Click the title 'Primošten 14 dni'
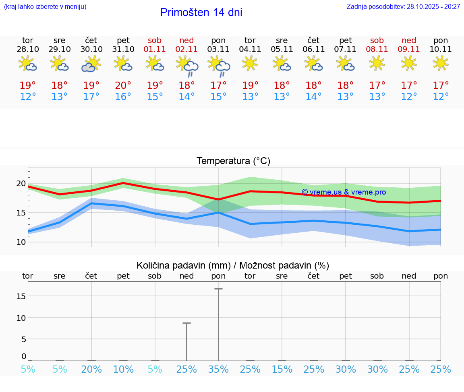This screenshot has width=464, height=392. [201, 12]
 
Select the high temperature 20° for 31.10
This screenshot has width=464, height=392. [123, 85]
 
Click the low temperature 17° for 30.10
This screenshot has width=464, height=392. [91, 96]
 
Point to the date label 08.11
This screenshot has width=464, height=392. [377, 49]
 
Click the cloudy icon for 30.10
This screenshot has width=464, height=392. [91, 64]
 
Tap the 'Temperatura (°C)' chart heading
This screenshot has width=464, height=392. [233, 161]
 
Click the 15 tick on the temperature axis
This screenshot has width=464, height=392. [21, 213]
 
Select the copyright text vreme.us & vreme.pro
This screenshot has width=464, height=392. [344, 192]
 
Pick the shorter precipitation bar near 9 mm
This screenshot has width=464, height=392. [187, 341]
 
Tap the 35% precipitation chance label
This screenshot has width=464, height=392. [218, 369]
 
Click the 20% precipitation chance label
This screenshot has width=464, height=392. [91, 369]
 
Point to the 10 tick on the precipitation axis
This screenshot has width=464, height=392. [21, 318]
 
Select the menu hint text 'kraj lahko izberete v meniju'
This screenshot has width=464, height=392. [45, 6]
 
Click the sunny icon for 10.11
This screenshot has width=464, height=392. [441, 63]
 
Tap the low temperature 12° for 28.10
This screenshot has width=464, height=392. [28, 96]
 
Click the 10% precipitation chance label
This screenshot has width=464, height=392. [123, 369]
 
